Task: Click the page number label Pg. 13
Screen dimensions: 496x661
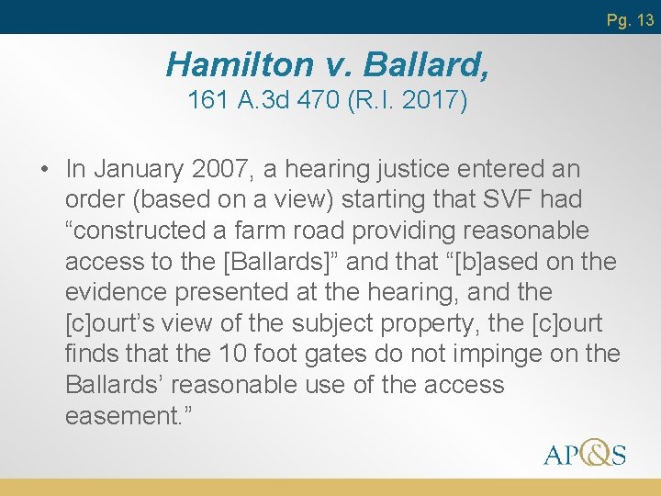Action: click(x=630, y=19)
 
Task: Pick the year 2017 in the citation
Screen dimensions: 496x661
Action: click(x=431, y=100)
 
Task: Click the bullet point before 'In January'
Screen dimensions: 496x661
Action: click(x=44, y=170)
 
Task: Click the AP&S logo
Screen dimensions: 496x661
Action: click(x=584, y=453)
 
